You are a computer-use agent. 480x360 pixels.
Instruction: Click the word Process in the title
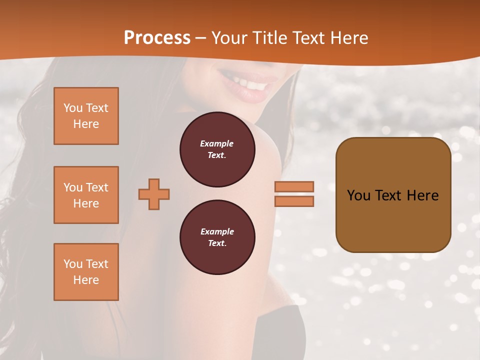pyautogui.click(x=157, y=38)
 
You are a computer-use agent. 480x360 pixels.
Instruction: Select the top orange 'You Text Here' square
pyautogui.click(x=86, y=116)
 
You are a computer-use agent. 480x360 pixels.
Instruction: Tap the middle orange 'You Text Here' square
pyautogui.click(x=86, y=195)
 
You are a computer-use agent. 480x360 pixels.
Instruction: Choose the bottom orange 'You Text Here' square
pyautogui.click(x=86, y=272)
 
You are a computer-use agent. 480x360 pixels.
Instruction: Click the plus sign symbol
pyautogui.click(x=154, y=194)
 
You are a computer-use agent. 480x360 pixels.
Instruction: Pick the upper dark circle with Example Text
pyautogui.click(x=217, y=149)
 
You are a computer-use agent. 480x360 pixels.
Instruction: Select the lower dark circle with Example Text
pyautogui.click(x=217, y=237)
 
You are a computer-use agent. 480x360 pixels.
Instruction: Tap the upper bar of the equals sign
pyautogui.click(x=294, y=186)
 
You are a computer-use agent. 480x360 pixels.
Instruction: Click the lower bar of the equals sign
pyautogui.click(x=294, y=201)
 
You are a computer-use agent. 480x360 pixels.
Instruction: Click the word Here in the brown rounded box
pyautogui.click(x=422, y=195)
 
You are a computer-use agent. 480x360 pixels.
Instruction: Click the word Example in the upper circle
pyautogui.click(x=217, y=143)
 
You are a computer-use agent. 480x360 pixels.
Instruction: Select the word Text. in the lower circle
pyautogui.click(x=217, y=243)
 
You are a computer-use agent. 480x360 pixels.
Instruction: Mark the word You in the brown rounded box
pyautogui.click(x=358, y=195)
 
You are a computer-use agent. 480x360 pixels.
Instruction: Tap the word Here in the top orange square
pyautogui.click(x=86, y=124)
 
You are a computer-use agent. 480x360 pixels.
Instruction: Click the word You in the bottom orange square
pyautogui.click(x=72, y=264)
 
